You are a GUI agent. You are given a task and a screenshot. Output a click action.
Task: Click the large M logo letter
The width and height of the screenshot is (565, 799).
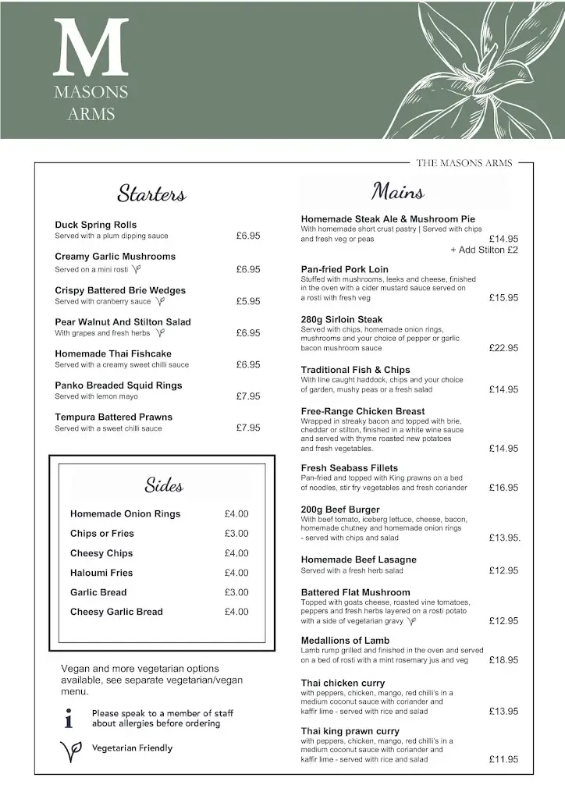point(91,48)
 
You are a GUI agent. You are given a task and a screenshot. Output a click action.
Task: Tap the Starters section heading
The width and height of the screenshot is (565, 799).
point(151,194)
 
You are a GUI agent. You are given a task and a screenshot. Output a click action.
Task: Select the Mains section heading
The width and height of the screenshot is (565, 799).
point(398,191)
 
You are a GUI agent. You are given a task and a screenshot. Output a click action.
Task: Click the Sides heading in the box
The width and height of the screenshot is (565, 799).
point(164,485)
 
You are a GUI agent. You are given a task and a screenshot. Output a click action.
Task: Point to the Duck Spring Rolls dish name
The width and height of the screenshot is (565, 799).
point(95,225)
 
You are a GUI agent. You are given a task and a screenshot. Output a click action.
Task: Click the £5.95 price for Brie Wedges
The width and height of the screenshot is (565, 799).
point(248,301)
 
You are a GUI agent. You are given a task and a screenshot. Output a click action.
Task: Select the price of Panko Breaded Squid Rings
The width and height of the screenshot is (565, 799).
point(248,396)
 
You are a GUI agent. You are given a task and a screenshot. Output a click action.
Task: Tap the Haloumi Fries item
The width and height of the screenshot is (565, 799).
point(101,573)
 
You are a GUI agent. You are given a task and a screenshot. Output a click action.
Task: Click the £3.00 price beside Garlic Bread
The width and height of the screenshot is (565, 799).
point(236,592)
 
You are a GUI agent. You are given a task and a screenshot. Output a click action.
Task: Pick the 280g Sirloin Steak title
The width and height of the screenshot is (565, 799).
point(342,319)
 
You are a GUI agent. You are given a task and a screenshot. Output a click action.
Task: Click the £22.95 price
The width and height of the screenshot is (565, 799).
point(503,348)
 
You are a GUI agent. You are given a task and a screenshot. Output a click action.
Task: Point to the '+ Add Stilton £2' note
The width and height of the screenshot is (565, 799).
point(484,250)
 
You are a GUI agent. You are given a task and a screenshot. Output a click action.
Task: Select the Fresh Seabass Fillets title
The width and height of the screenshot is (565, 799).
point(350,468)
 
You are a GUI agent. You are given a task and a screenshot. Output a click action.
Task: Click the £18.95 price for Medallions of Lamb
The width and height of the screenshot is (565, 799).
point(503,660)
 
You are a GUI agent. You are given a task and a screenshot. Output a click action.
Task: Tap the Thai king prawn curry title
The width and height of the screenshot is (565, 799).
point(350,731)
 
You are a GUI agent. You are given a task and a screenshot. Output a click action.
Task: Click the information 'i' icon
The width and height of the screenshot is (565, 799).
point(69,718)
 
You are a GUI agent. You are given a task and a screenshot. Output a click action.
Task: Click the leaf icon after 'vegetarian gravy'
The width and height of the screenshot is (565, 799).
point(413,622)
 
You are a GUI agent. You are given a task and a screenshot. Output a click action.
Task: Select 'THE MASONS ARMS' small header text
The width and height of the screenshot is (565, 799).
point(464,163)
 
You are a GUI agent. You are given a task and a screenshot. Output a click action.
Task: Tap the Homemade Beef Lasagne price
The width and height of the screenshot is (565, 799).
point(503,571)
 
